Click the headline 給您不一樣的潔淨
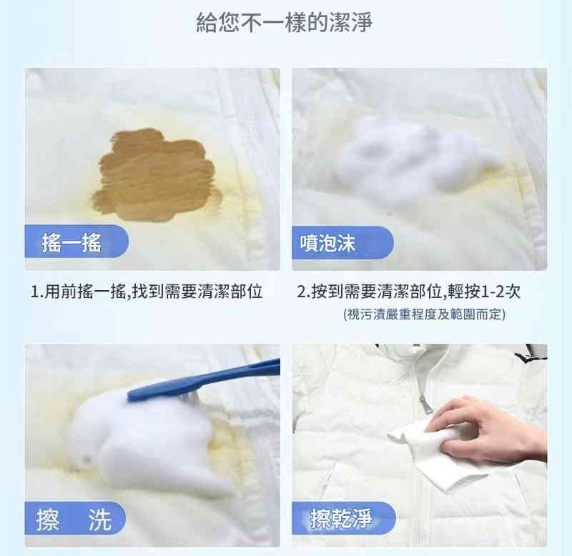[x=284, y=23]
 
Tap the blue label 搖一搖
[x=77, y=242]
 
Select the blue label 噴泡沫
[x=342, y=243]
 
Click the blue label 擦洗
[x=75, y=518]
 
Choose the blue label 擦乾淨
[x=344, y=518]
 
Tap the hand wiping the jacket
[x=489, y=431]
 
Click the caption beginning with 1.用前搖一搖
[x=147, y=292]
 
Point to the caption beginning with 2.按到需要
[x=408, y=292]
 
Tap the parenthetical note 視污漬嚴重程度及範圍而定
[x=424, y=314]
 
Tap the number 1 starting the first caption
[x=34, y=292]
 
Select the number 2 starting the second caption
[x=301, y=292]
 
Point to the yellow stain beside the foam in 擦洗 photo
[x=226, y=449]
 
